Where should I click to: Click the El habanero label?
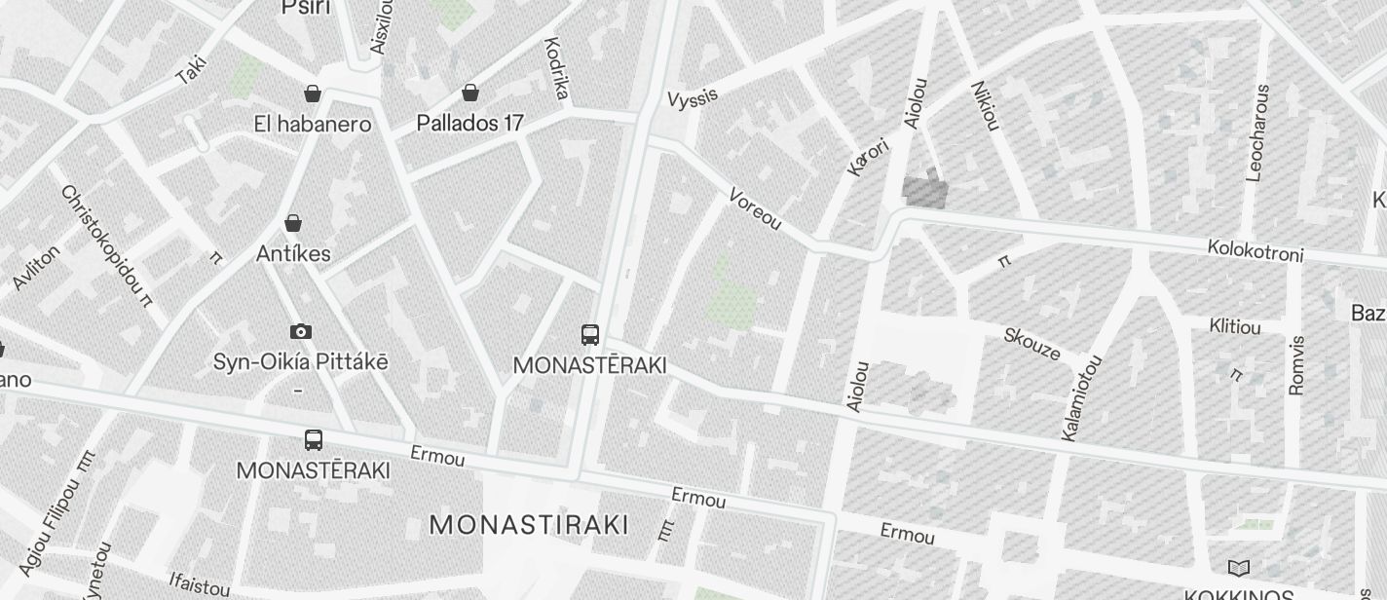pyautogui.click(x=312, y=125)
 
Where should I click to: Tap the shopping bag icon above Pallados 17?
pyautogui.click(x=470, y=93)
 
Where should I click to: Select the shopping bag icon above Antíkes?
pyautogui.click(x=292, y=223)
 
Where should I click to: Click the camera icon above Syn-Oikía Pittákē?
pyautogui.click(x=301, y=331)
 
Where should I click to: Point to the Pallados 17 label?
pyautogui.click(x=469, y=124)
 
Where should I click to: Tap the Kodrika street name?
pyautogui.click(x=556, y=68)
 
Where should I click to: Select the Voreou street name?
pyautogui.click(x=755, y=208)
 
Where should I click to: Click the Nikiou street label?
pyautogui.click(x=985, y=105)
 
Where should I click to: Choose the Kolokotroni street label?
pyautogui.click(x=1255, y=250)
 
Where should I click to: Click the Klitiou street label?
pyautogui.click(x=1234, y=326)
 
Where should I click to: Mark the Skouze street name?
pyautogui.click(x=1031, y=344)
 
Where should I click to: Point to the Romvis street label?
pyautogui.click(x=1295, y=365)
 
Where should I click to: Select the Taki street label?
pyautogui.click(x=192, y=69)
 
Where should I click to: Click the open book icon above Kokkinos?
pyautogui.click(x=1238, y=568)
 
